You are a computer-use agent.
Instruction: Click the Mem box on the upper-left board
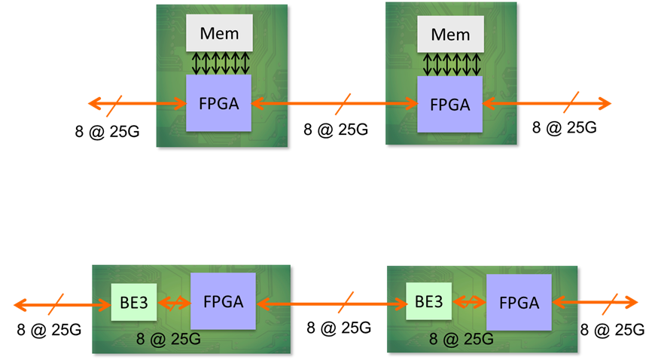click(x=219, y=33)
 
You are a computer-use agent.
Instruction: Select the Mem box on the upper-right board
click(x=450, y=35)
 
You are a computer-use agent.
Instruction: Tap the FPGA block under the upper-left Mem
click(x=219, y=103)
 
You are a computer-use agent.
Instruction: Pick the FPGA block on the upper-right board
click(x=449, y=105)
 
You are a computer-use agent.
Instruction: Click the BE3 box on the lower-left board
click(x=128, y=302)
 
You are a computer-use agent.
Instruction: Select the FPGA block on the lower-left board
click(x=223, y=301)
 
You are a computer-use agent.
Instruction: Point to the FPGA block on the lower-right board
click(x=519, y=303)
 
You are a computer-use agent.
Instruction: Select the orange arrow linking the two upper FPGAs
click(x=301, y=104)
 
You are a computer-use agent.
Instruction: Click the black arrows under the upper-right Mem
click(x=450, y=64)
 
